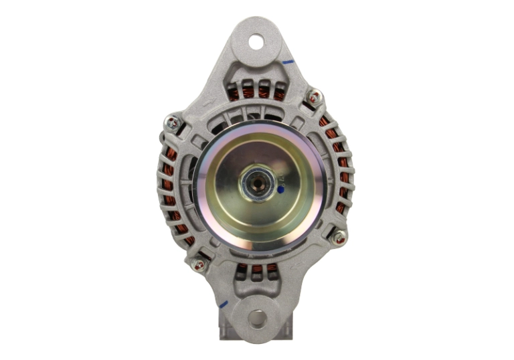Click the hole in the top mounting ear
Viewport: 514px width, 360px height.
click(256, 42)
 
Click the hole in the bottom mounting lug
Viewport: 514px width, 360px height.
click(256, 317)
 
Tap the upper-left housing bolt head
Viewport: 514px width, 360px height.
click(173, 122)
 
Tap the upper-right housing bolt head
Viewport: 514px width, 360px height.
click(313, 97)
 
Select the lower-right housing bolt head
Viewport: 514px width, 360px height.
click(339, 237)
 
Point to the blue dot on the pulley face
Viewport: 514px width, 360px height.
click(280, 189)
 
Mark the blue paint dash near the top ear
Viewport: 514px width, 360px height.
click(288, 62)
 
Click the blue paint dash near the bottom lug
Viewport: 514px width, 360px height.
click(223, 305)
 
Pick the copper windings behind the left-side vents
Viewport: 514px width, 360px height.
click(171, 194)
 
